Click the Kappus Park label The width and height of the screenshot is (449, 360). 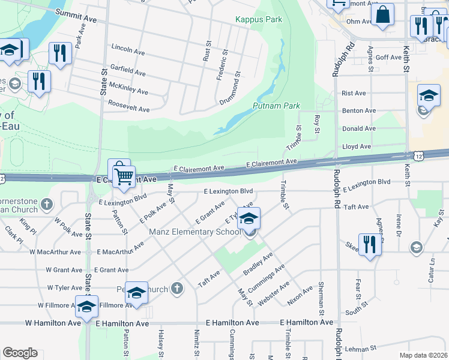259,20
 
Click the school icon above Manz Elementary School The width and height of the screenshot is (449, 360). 249,218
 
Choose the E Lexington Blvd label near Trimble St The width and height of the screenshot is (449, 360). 228,191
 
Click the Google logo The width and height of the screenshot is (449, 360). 20,353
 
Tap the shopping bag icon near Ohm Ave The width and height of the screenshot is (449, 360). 382,16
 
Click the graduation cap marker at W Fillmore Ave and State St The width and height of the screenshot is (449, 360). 86,307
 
